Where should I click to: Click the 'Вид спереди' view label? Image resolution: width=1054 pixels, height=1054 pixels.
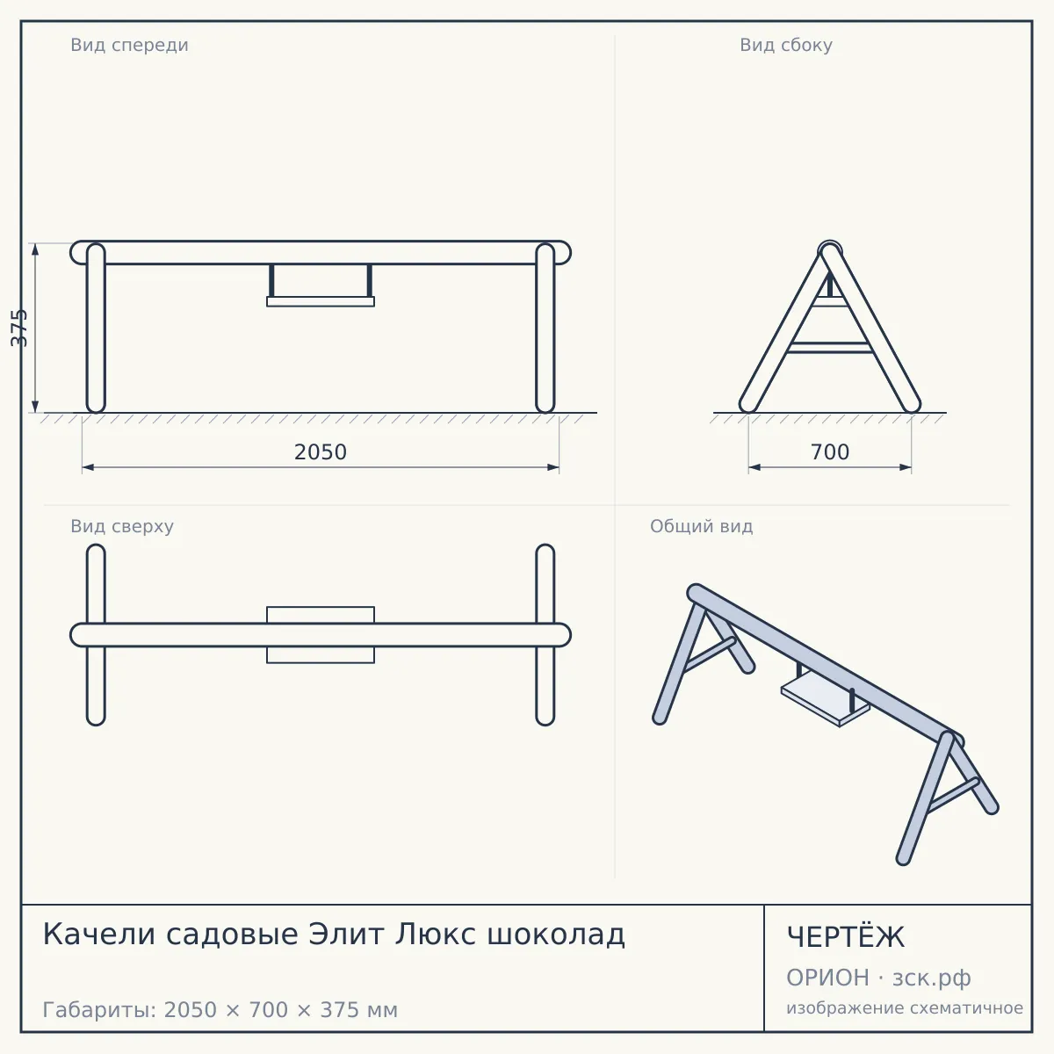click(129, 45)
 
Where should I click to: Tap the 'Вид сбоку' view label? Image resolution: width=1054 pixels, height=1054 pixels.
click(786, 45)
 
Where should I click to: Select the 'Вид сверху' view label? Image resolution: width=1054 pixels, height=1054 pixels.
click(122, 526)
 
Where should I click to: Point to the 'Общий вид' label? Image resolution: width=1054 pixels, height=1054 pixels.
click(701, 526)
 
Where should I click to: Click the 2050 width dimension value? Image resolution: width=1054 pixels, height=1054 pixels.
click(321, 452)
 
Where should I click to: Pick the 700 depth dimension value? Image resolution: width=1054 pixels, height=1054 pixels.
click(830, 452)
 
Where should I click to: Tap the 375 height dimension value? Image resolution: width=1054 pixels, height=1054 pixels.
click(18, 328)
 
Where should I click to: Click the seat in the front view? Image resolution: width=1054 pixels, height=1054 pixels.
click(321, 302)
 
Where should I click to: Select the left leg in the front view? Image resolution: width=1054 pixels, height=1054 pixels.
click(96, 328)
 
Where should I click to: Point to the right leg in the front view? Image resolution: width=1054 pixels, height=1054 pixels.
click(545, 328)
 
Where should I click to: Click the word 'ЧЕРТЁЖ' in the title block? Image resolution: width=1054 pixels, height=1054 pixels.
click(845, 937)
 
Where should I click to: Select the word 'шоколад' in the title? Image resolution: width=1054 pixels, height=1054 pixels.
click(556, 935)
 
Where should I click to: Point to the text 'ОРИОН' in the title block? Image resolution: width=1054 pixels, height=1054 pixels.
click(827, 978)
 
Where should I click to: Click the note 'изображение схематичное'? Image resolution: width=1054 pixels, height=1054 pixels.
click(905, 1008)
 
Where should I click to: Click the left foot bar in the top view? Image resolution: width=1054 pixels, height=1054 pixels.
click(96, 635)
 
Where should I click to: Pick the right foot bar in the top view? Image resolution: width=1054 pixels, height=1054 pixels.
click(545, 635)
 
